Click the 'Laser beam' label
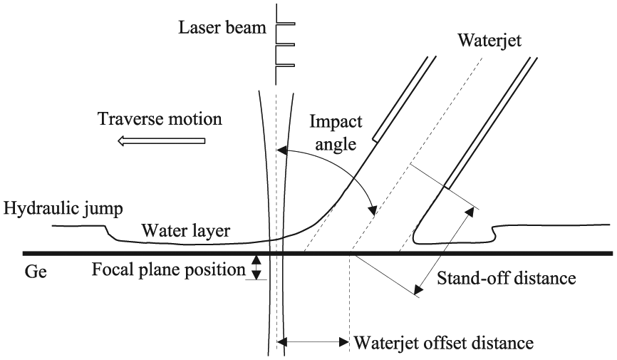222,28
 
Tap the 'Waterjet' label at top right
489,40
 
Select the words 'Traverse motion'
160,118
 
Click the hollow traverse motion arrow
161,140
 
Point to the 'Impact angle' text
336,133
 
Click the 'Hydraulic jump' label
63,208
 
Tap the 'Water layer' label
186,230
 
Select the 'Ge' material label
36,272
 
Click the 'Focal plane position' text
168,270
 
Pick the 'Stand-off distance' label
507,278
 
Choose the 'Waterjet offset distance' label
444,343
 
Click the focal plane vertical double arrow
256,267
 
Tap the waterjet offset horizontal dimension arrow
313,342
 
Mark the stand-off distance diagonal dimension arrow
444,252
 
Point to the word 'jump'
103,209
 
